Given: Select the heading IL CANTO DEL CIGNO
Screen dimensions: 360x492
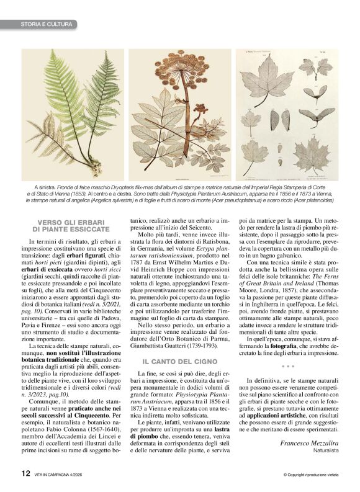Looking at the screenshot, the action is [x=177, y=359].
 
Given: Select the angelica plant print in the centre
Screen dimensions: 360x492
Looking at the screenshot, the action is [x=181, y=112].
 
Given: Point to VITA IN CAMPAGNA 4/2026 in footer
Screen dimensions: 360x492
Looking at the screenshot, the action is [x=60, y=473].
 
